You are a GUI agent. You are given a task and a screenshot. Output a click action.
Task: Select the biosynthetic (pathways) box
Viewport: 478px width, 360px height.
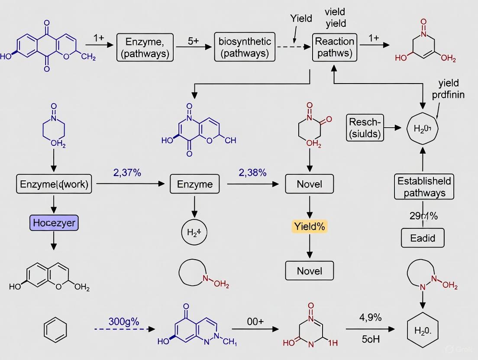[245, 48]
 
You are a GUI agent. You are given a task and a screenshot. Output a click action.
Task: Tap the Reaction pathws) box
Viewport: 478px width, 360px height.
[334, 48]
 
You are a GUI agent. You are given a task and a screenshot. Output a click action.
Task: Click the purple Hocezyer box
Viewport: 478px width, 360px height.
[54, 223]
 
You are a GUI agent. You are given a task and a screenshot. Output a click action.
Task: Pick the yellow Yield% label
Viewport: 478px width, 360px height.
[310, 226]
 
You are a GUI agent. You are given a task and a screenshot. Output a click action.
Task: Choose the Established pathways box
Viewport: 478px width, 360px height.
[424, 187]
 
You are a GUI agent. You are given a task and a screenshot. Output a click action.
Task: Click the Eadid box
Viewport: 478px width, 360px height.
[423, 237]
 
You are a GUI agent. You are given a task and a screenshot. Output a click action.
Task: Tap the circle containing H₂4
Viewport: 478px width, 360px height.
[194, 233]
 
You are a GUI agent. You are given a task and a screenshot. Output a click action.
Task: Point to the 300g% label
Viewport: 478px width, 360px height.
[123, 322]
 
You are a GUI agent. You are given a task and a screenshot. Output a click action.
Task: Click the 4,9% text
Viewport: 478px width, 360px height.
[370, 318]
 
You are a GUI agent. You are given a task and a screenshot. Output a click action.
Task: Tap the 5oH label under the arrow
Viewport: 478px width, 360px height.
[370, 339]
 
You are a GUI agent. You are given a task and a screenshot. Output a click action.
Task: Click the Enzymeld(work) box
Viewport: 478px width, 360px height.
[54, 184]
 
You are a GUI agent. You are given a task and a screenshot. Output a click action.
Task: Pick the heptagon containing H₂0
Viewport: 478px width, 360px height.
[423, 129]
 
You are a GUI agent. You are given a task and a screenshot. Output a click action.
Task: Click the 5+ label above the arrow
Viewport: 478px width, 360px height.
[193, 41]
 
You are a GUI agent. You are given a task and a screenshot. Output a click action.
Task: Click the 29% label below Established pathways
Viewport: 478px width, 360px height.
[423, 216]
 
